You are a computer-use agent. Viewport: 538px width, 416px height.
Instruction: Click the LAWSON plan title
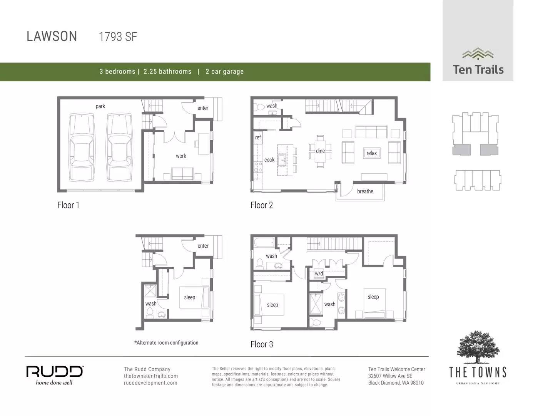coord(52,36)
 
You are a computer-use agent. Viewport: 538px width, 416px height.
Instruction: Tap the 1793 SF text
coord(118,37)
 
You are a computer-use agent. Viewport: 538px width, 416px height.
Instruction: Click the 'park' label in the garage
coord(100,106)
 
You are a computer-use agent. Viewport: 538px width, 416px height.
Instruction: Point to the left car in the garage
coord(82,148)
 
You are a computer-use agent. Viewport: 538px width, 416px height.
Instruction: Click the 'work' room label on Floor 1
coord(181,156)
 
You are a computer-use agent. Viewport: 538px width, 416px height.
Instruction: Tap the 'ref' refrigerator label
coord(258,138)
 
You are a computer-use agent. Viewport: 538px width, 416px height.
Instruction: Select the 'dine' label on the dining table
coord(320,151)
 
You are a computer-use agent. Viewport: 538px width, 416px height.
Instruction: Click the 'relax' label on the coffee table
coord(371,153)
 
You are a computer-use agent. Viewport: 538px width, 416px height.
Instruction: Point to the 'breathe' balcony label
coord(365,191)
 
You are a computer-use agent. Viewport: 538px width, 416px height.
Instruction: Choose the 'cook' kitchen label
coord(269,160)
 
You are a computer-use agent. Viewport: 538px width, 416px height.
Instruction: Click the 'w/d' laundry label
coord(319,274)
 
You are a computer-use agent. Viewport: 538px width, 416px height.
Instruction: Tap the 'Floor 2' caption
coord(262,205)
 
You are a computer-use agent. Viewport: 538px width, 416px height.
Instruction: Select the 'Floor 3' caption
coord(262,344)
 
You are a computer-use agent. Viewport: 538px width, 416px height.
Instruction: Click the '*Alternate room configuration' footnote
coord(166,343)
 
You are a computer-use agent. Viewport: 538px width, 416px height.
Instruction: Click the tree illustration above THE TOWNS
coord(478,347)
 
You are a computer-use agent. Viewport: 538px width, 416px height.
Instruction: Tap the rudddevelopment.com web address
coord(150,383)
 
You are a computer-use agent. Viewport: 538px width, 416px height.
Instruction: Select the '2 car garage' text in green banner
coord(224,72)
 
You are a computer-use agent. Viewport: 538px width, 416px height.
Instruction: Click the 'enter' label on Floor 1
coord(203,108)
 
